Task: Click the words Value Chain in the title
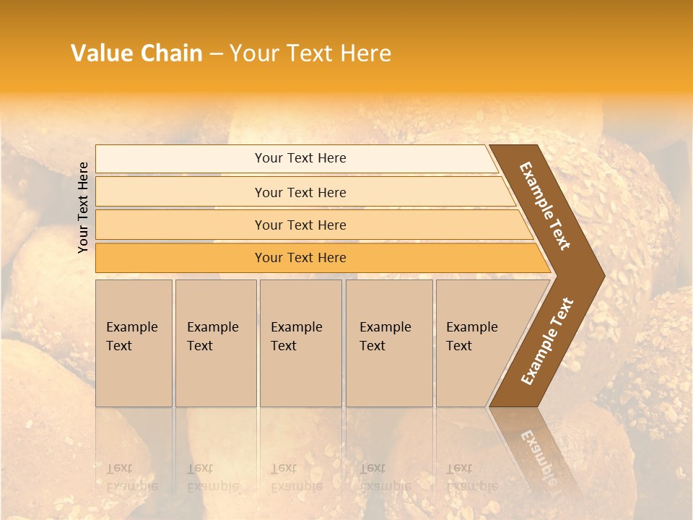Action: pos(136,53)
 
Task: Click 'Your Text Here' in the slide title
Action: pos(310,53)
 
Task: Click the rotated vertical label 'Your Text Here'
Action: pos(83,207)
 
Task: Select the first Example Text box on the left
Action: pos(134,343)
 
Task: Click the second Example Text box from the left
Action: pos(215,343)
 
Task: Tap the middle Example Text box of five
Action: pos(300,343)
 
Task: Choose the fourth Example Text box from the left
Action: pos(388,343)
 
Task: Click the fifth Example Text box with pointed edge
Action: pos(476,343)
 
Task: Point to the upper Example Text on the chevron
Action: pos(545,205)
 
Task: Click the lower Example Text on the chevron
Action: pos(547,341)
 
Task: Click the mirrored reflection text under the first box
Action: pos(131,477)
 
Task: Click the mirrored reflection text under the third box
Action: pos(296,477)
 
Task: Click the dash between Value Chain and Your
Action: pos(216,54)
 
